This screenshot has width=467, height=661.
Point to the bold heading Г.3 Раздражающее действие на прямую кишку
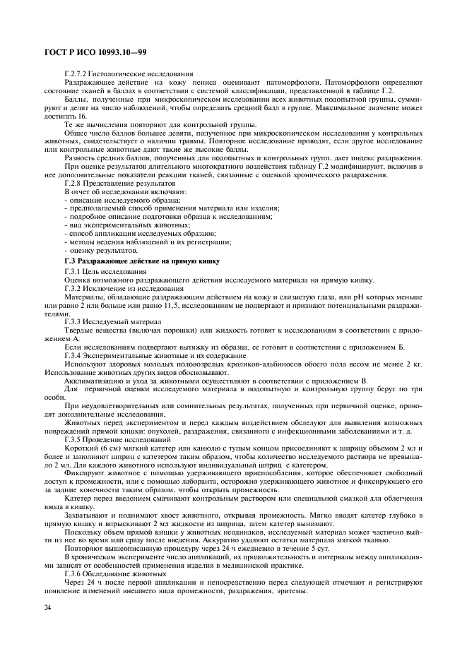(x=141, y=261)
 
